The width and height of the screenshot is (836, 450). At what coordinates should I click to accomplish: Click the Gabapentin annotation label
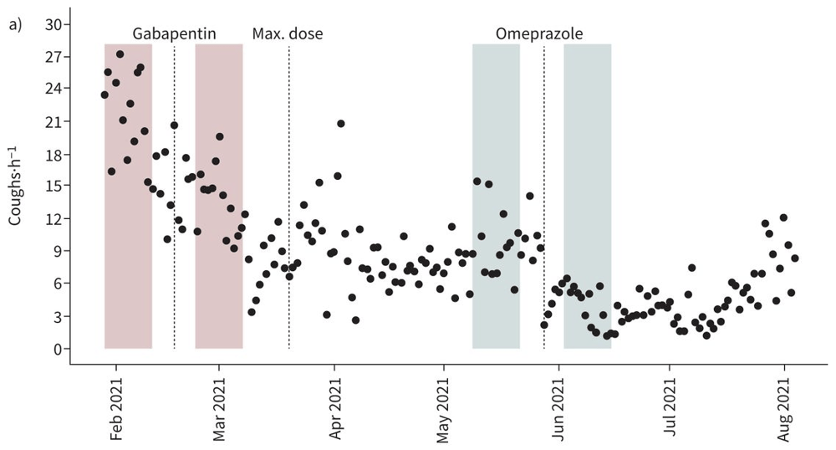(x=175, y=34)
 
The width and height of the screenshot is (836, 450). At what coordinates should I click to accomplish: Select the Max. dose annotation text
(x=288, y=34)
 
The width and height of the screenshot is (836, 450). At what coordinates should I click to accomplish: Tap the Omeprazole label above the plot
(x=539, y=34)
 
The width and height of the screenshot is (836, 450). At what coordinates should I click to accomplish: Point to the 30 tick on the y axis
(x=53, y=24)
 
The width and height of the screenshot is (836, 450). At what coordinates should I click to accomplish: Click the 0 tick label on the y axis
(x=57, y=349)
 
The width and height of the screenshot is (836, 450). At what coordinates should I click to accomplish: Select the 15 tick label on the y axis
(x=53, y=186)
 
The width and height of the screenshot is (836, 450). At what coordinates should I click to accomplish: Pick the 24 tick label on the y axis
(x=53, y=89)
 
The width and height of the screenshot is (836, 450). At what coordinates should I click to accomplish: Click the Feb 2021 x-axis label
(x=116, y=409)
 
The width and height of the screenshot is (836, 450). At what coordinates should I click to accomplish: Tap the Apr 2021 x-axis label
(x=334, y=409)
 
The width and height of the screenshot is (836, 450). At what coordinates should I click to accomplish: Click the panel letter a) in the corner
(x=15, y=25)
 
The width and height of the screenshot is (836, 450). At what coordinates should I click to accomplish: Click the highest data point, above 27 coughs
(x=120, y=54)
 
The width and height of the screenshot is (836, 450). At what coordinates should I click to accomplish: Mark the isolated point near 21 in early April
(x=341, y=124)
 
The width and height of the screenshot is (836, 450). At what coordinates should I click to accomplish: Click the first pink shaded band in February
(x=128, y=251)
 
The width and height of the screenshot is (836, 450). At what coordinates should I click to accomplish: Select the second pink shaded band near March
(x=219, y=276)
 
